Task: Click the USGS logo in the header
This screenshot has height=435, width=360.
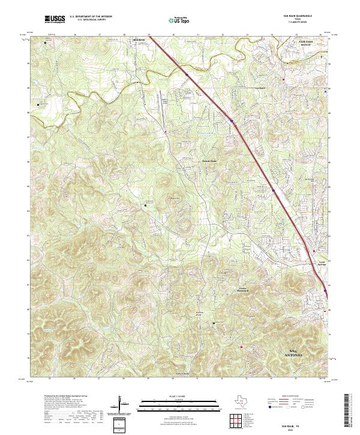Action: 55,20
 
